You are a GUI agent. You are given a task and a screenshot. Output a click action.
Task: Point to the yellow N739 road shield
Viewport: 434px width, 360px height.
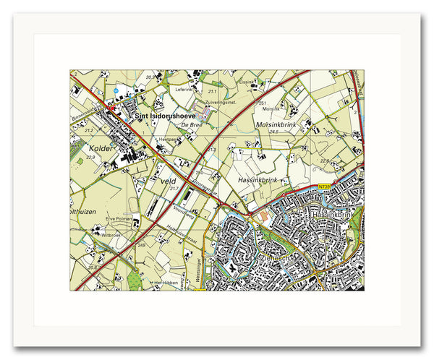tap(324, 187)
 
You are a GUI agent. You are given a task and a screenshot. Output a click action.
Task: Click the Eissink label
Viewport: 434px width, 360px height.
tap(247, 82)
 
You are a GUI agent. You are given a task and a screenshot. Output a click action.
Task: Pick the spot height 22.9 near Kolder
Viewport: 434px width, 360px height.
tap(90, 157)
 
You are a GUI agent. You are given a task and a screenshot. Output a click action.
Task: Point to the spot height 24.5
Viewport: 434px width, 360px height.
tap(273, 132)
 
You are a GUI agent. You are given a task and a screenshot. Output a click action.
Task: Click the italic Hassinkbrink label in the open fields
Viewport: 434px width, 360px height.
tap(257, 178)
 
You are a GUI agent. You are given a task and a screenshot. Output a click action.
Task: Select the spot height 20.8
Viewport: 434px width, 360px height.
tap(92, 267)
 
